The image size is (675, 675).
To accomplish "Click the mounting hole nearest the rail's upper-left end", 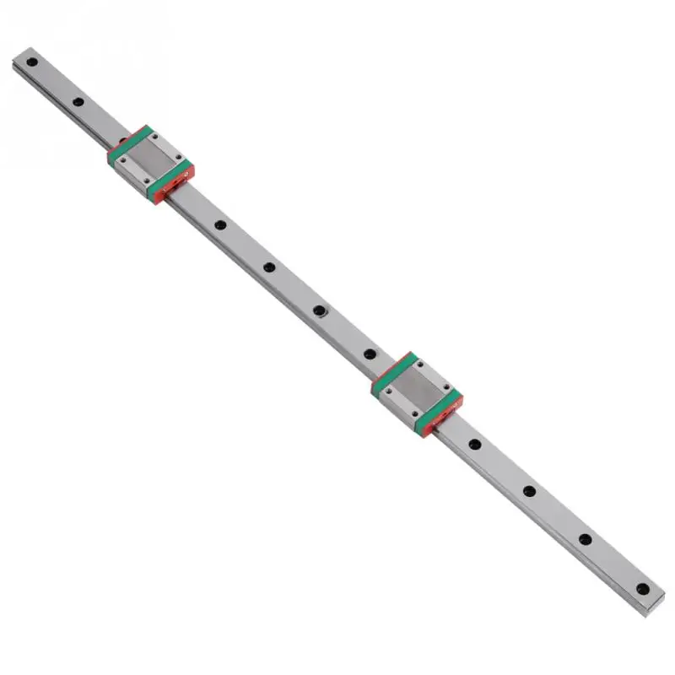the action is pyautogui.click(x=30, y=62).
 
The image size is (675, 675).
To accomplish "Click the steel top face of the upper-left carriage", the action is pyautogui.click(x=150, y=159).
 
